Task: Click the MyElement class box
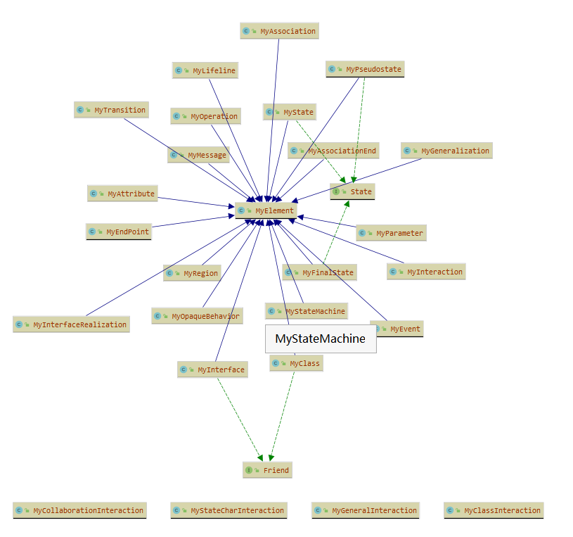point(266,210)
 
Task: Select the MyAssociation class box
point(279,31)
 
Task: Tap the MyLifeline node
point(205,70)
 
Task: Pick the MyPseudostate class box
point(365,69)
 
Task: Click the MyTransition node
point(111,110)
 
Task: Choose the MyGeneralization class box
point(446,151)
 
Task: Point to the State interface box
point(352,191)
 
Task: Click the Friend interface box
point(267,470)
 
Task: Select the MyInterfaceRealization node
point(71,324)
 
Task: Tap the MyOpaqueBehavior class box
point(197,316)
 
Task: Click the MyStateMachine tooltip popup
point(321,339)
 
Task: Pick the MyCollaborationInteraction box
point(79,510)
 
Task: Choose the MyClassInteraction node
point(494,510)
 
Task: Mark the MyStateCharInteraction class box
point(228,510)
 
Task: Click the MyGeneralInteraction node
point(366,510)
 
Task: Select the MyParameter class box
point(391,233)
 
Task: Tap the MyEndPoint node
point(119,232)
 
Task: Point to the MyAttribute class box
point(122,194)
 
